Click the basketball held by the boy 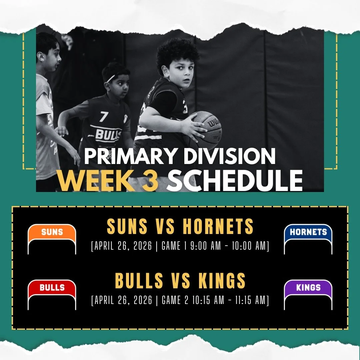pos(206,128)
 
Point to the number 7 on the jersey pos(104,117)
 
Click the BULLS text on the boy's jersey pos(104,134)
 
